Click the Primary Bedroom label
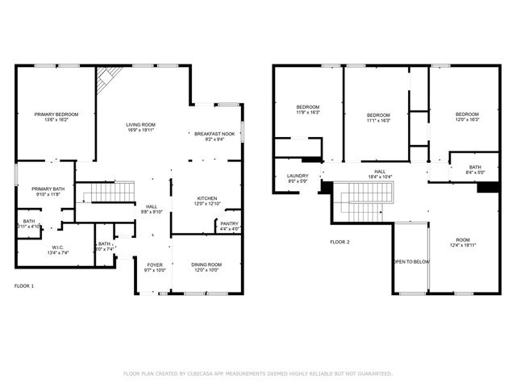click(x=56, y=114)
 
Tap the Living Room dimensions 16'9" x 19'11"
click(x=139, y=130)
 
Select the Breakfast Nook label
click(x=214, y=134)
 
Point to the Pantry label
click(x=229, y=223)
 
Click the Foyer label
click(x=155, y=264)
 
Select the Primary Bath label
click(x=45, y=189)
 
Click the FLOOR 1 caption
click(x=25, y=285)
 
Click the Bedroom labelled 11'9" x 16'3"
click(x=308, y=108)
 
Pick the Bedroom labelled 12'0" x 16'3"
click(x=467, y=114)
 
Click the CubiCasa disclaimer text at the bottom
click(x=257, y=373)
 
